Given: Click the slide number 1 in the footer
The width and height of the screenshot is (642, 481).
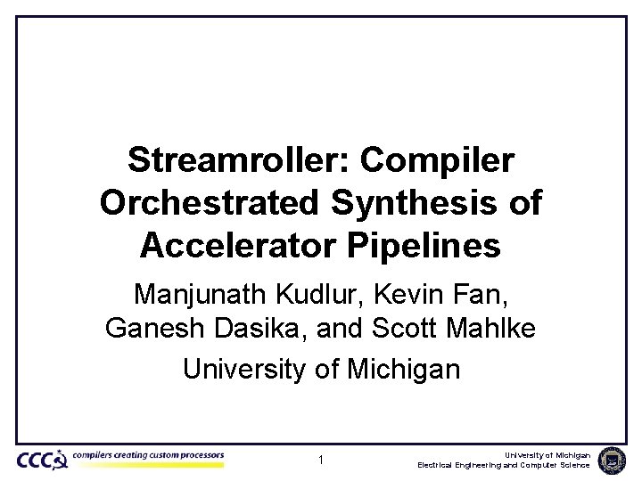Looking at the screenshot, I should click(x=321, y=461).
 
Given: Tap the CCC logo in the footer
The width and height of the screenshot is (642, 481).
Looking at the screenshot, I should click(x=41, y=460).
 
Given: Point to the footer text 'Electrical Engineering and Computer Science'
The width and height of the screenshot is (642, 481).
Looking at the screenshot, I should click(x=503, y=466).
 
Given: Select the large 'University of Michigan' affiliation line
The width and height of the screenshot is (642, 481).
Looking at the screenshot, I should click(x=321, y=368).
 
